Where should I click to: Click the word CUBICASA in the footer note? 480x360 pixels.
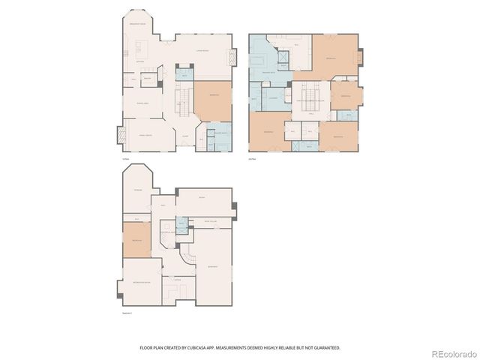(x=205, y=348)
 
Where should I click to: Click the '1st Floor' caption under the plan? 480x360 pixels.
(x=125, y=158)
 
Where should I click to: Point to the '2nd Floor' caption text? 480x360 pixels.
(x=252, y=158)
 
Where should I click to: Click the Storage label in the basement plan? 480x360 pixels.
(x=137, y=190)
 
